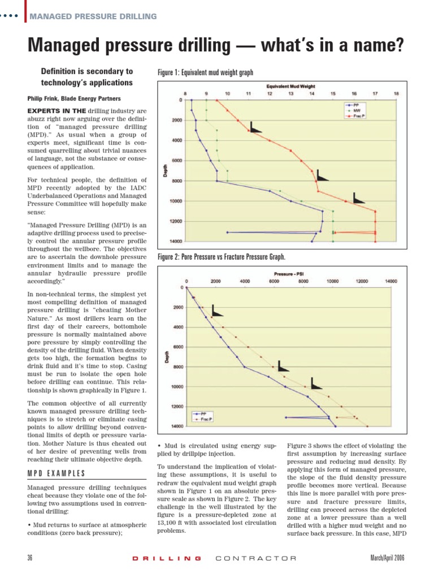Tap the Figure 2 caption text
(222, 257)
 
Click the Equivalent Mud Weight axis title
(290, 86)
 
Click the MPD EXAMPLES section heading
(57, 473)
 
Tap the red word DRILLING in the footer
(166, 558)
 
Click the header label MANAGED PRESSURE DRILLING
(93, 16)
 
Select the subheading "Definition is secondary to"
(87, 72)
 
